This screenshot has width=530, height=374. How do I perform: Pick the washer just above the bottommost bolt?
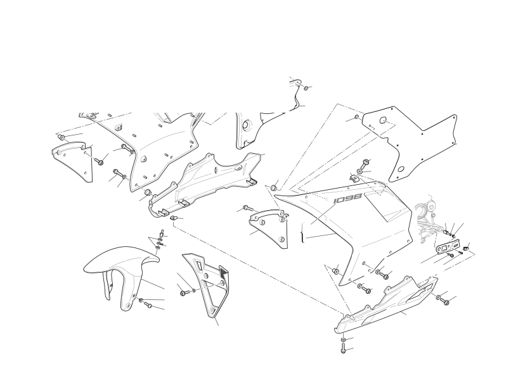(343, 339)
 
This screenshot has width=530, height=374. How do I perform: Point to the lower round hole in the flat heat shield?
(401, 169)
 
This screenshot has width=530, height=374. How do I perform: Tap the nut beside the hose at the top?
(306, 88)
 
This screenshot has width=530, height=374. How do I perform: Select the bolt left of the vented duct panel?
(183, 293)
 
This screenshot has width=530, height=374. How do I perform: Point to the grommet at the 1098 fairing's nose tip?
(274, 187)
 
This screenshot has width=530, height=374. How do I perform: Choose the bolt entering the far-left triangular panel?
(100, 161)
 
